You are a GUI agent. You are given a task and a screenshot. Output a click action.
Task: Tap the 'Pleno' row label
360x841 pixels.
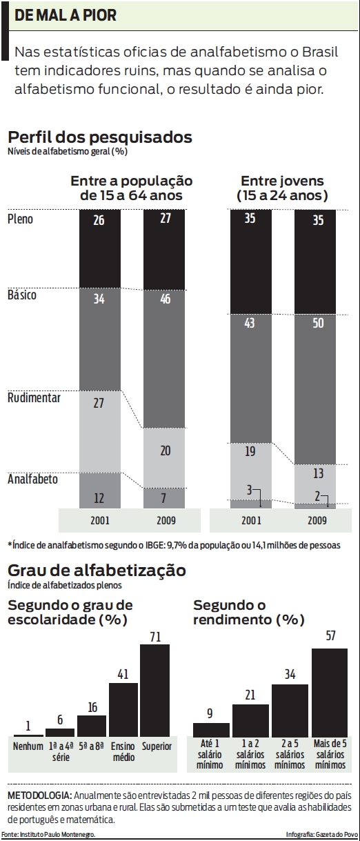[x=20, y=219]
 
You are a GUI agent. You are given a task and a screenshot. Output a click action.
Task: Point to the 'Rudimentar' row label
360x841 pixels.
[x=34, y=398]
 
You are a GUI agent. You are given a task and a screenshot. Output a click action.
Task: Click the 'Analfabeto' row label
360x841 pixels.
[x=32, y=478]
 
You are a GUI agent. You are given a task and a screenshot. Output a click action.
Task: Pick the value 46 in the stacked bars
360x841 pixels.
[x=165, y=298]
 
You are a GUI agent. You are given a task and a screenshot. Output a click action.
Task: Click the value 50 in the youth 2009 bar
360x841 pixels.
[x=317, y=323]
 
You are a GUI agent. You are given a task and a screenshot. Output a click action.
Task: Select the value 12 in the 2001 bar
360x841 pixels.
[x=99, y=498]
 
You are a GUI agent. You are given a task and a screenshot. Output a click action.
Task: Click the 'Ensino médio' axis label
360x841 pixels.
[x=123, y=751]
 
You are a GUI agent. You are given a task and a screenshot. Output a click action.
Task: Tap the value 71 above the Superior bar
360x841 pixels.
[x=154, y=636]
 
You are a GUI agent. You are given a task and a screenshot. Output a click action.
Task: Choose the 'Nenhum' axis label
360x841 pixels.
[x=28, y=746]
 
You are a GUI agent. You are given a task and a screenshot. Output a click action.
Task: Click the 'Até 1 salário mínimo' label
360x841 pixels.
[x=210, y=755]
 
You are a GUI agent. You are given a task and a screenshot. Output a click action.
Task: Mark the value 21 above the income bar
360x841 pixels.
[x=250, y=695]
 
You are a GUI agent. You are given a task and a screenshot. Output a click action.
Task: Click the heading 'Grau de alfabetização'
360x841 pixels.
[x=96, y=571]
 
